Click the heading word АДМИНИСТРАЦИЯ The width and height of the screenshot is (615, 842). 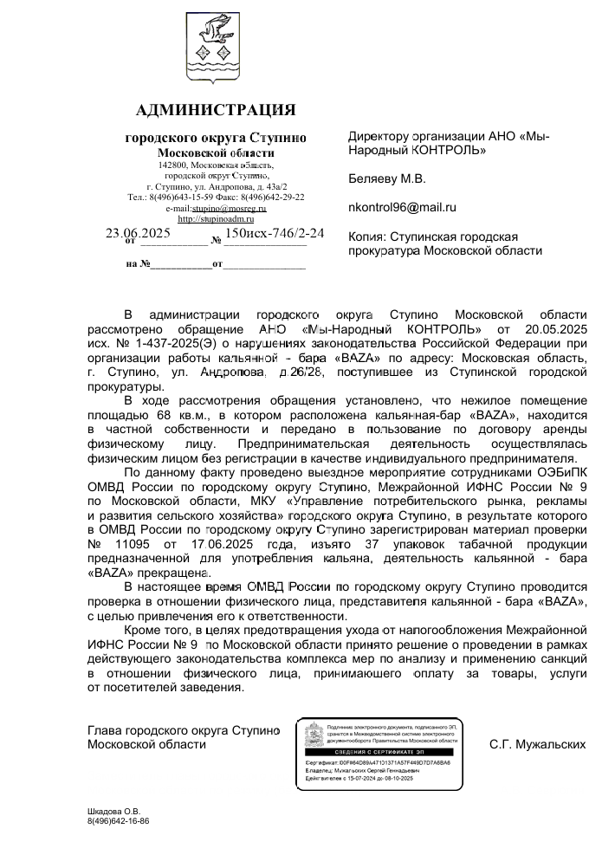pos(216,110)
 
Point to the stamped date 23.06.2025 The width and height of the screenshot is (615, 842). pos(139,233)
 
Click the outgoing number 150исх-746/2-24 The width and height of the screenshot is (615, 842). pos(274,233)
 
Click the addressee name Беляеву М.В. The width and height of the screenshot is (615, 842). pos(386,179)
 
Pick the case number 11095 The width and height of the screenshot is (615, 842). pos(134,545)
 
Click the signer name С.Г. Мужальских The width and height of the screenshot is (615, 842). pos(537,743)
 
